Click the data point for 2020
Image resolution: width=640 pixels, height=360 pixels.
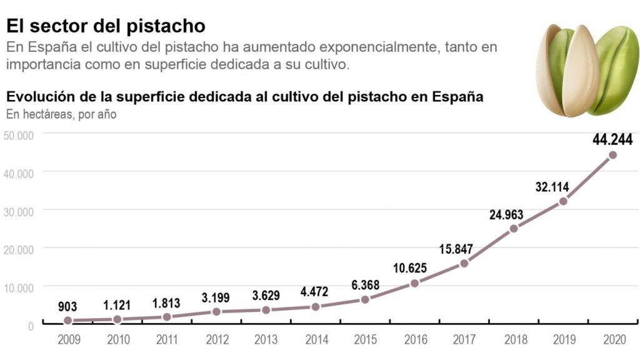point(612,155)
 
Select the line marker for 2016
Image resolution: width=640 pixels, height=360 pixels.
point(414,283)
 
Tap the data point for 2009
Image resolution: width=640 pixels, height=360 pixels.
point(67,321)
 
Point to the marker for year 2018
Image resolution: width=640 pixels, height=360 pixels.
point(514,228)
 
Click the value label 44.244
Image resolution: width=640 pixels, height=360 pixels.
point(612,139)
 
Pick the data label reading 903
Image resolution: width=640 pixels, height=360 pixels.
point(67,306)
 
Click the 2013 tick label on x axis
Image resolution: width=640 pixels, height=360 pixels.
point(266,339)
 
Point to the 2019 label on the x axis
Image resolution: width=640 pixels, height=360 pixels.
point(563,339)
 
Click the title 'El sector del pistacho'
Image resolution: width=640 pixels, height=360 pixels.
point(106,26)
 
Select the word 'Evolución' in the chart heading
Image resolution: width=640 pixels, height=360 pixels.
point(37,97)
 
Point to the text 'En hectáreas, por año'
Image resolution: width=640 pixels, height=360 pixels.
point(61,114)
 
